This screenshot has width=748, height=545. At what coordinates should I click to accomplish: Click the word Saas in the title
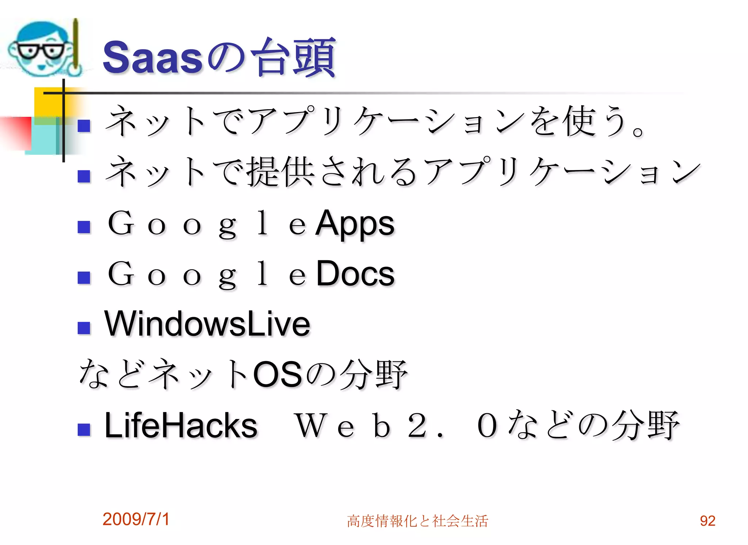click(152, 58)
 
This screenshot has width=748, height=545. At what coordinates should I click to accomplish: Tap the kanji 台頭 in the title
click(294, 58)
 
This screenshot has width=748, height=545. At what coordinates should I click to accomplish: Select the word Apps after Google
click(355, 223)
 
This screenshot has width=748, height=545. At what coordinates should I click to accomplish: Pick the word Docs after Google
click(355, 274)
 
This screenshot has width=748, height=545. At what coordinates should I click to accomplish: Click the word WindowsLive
click(207, 324)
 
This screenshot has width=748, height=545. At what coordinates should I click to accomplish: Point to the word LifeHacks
click(181, 425)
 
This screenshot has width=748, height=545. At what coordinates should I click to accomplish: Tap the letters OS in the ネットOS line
click(278, 375)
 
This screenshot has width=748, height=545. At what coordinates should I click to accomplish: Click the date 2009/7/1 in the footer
click(136, 519)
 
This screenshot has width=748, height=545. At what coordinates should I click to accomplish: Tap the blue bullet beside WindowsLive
click(84, 328)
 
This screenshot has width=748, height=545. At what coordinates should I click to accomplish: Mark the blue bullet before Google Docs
click(84, 277)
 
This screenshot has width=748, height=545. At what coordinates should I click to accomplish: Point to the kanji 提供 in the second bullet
click(280, 172)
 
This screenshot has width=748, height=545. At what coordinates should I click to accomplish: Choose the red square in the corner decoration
click(16, 131)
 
